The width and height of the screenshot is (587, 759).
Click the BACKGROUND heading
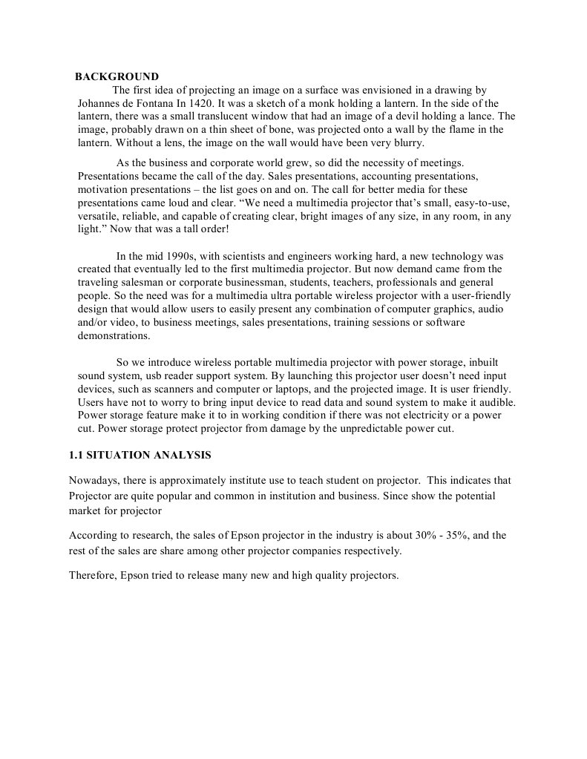point(117,76)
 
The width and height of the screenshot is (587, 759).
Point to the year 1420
point(204,103)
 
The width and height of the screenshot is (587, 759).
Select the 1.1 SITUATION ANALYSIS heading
point(140,454)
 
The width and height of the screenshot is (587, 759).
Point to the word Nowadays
point(94,480)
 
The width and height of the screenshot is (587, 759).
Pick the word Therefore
point(92,574)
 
